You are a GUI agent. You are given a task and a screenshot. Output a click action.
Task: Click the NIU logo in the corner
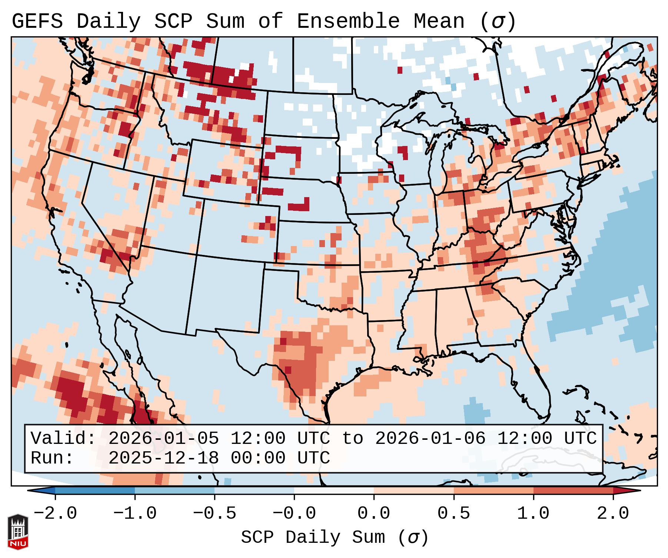click(x=18, y=531)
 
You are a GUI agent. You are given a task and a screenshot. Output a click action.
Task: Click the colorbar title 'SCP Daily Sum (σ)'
click(x=335, y=538)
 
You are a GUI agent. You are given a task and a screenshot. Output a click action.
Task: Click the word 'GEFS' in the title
click(x=37, y=21)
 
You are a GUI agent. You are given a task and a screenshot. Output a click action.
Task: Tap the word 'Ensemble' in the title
click(x=348, y=21)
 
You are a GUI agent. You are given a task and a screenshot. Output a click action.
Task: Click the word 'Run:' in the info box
click(x=52, y=458)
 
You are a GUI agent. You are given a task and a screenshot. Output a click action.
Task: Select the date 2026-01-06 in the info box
click(x=430, y=439)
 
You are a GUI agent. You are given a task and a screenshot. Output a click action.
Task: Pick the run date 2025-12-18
click(x=163, y=458)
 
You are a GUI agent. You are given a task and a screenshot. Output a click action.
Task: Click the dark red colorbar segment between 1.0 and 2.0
click(x=573, y=491)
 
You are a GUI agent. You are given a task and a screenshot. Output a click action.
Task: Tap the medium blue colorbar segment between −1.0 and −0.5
click(x=175, y=491)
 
